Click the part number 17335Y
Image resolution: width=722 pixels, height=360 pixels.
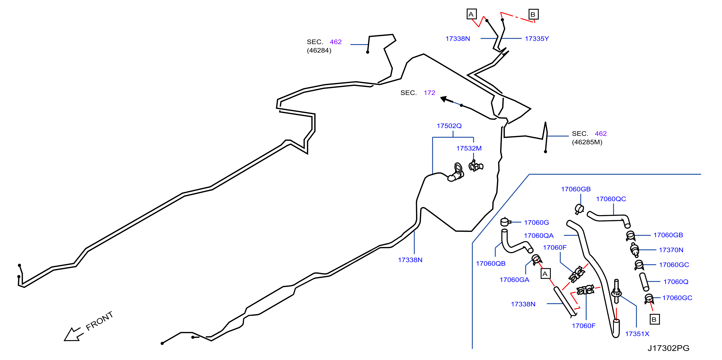(x=537, y=39)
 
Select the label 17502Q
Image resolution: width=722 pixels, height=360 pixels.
(x=449, y=126)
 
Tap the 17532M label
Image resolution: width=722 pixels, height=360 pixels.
(x=469, y=148)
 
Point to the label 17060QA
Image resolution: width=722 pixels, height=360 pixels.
(x=539, y=236)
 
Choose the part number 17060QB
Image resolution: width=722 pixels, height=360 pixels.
(x=491, y=263)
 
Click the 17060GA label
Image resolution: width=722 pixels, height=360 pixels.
(x=514, y=280)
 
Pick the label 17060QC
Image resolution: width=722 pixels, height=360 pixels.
(x=611, y=199)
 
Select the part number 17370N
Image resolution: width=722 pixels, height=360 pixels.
(x=671, y=250)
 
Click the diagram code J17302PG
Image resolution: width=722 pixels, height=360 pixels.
(x=668, y=348)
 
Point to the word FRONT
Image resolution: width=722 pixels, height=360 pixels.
(x=99, y=321)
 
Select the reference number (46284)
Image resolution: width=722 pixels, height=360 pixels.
(x=319, y=50)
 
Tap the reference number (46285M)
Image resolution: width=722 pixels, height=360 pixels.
(x=587, y=142)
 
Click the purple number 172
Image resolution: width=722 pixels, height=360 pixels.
(x=429, y=93)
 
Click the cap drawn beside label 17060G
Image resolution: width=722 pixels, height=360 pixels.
(x=505, y=222)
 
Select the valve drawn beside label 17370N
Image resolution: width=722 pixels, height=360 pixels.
(x=634, y=250)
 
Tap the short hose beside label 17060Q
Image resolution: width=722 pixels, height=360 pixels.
(x=644, y=282)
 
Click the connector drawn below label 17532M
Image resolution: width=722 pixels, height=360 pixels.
(x=476, y=166)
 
